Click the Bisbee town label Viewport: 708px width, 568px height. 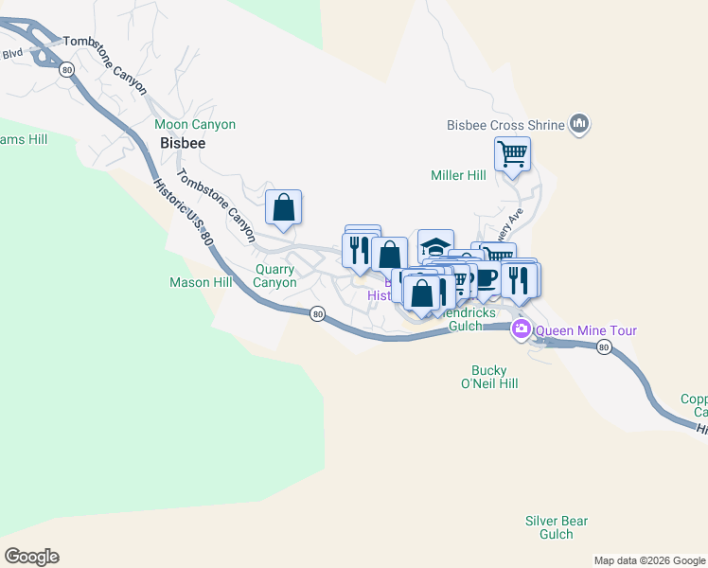(x=183, y=144)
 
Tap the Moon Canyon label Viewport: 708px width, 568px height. (x=195, y=124)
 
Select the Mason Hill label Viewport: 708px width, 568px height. (x=201, y=282)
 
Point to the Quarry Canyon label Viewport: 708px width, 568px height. (x=276, y=275)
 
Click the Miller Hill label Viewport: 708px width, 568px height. (x=458, y=175)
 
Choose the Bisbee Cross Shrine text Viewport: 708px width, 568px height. (x=505, y=124)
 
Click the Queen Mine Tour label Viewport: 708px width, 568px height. (x=586, y=330)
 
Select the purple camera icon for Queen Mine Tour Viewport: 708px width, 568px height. (x=521, y=330)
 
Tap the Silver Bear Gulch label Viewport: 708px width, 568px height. (x=557, y=527)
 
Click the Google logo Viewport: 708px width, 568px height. (x=31, y=557)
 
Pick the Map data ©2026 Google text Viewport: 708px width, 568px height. (x=649, y=560)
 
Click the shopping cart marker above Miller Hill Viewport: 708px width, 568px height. (x=512, y=153)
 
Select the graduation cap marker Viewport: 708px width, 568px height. (x=435, y=247)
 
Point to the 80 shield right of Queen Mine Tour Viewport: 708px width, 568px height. (x=604, y=347)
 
